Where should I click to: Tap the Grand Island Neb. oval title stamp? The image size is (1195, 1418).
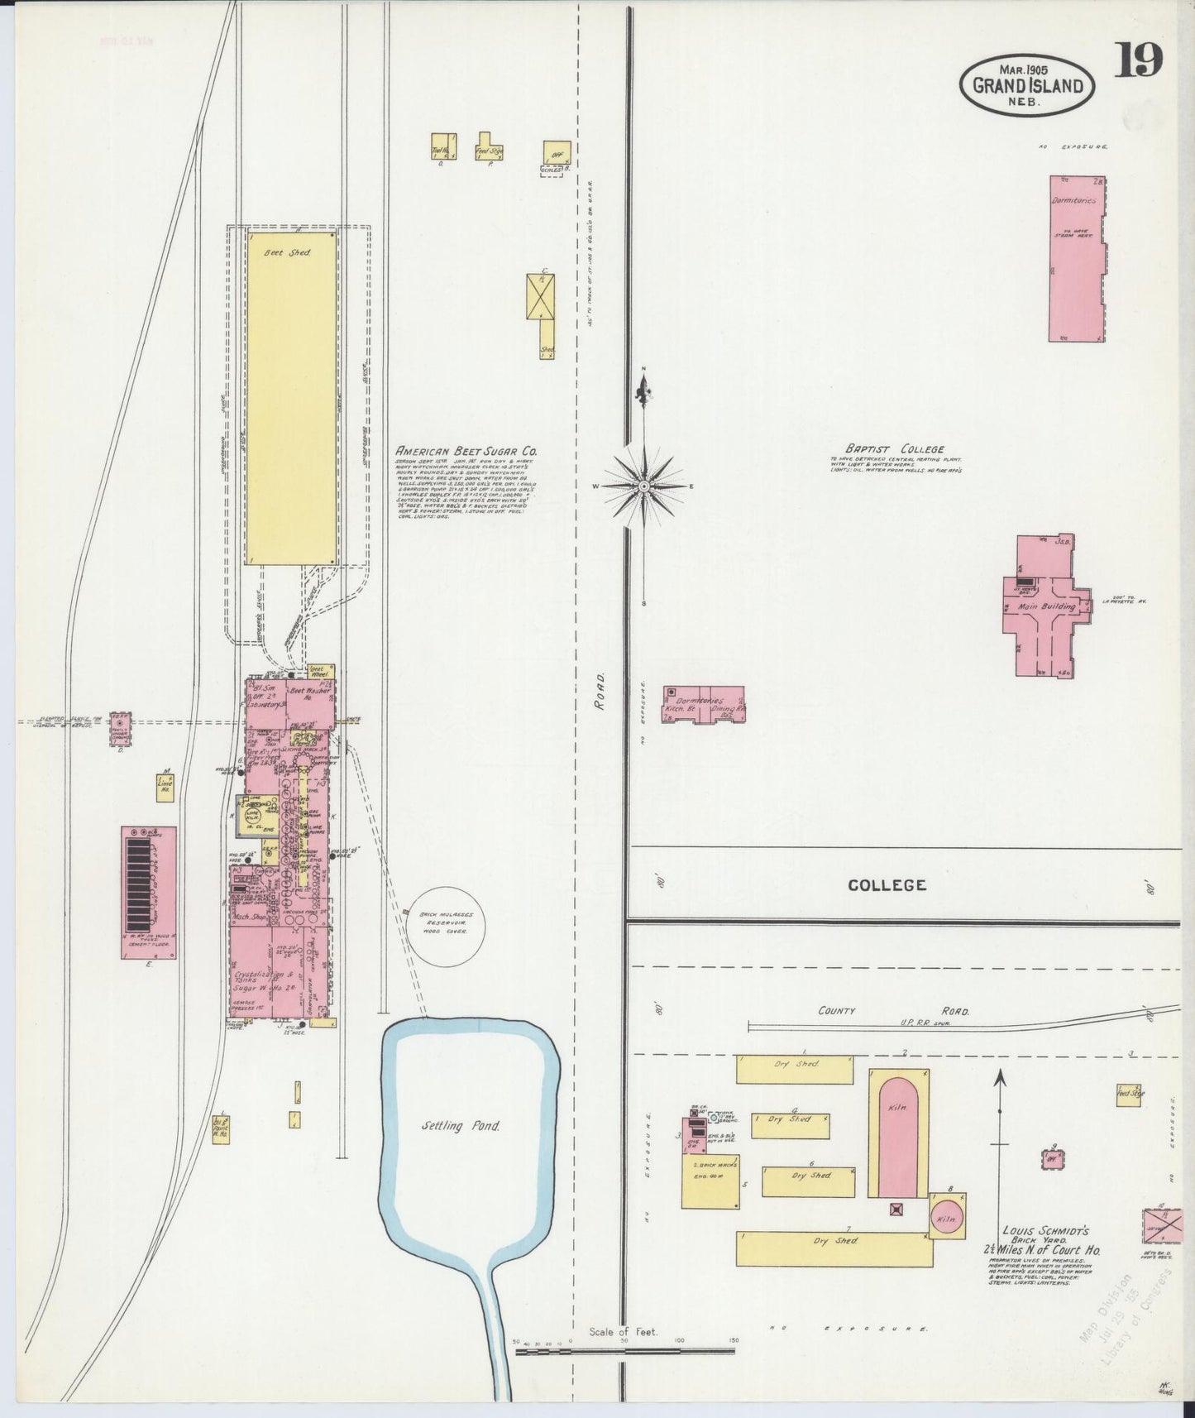tap(1027, 84)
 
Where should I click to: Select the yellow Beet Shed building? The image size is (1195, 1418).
tap(290, 397)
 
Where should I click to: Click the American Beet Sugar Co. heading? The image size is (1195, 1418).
tap(466, 452)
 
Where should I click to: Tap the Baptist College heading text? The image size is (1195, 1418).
tap(906, 449)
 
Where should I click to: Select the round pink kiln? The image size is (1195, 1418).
tap(946, 1219)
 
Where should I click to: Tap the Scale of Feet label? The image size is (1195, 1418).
tap(623, 1332)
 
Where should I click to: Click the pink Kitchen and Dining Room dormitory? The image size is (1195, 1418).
tap(703, 704)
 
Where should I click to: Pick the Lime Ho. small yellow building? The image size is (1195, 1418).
tap(165, 788)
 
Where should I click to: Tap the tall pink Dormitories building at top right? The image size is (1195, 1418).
tap(1078, 258)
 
